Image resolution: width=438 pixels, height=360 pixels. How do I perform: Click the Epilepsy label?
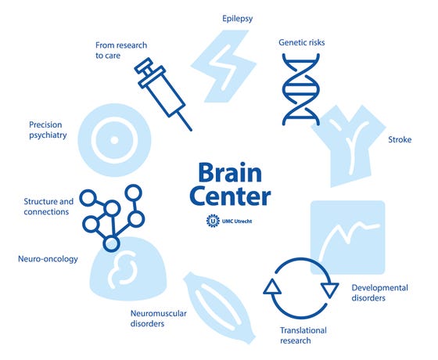tap(238, 19)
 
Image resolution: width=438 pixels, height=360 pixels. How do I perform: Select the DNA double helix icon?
tap(301, 89)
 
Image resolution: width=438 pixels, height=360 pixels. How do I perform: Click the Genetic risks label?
tap(302, 42)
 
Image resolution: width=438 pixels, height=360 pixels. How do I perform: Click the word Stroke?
tap(400, 139)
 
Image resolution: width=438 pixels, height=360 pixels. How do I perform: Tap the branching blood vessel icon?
tap(349, 146)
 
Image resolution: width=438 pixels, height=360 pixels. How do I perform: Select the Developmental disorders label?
tap(379, 293)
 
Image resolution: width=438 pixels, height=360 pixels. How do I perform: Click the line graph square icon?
tap(348, 237)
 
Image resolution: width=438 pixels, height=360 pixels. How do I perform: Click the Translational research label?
tap(303, 336)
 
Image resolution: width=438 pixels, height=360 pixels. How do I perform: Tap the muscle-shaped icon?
tap(219, 308)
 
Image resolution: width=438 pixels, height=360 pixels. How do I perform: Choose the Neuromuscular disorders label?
tap(158, 319)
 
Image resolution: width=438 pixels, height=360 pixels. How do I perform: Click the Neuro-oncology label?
tap(48, 259)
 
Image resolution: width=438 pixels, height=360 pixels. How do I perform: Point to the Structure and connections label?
tap(48, 207)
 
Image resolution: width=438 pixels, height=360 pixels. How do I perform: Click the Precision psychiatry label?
tap(48, 130)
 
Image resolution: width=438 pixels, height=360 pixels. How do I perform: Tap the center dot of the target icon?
tap(114, 140)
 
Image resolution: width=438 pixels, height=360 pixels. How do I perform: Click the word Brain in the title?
tap(230, 172)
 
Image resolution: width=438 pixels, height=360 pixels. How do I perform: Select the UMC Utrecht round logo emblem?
tap(213, 221)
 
